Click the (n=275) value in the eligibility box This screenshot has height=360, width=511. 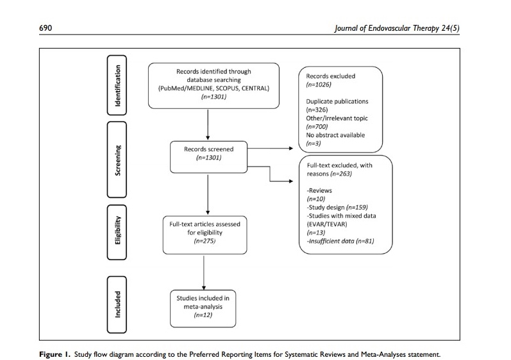coord(203,241)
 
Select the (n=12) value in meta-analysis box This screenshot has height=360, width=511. coord(203,315)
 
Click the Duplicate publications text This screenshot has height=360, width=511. coord(337,101)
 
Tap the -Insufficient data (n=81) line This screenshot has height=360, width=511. coord(340,241)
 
